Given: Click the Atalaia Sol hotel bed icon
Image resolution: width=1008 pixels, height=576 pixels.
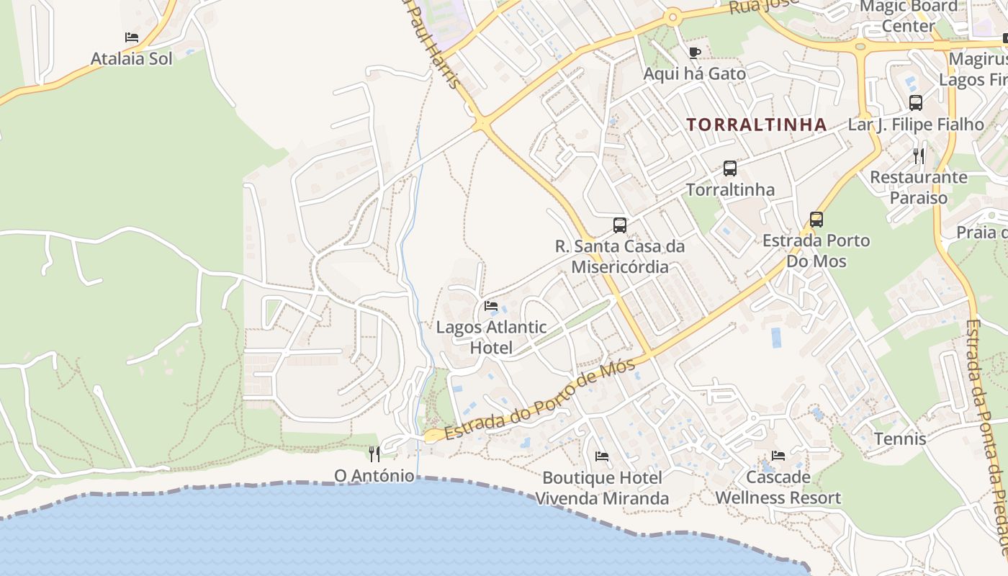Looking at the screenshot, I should pyautogui.click(x=131, y=37).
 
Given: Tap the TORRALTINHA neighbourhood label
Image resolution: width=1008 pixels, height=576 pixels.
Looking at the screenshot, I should pyautogui.click(x=756, y=125).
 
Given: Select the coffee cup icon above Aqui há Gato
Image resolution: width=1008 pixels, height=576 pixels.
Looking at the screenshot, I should pyautogui.click(x=694, y=53).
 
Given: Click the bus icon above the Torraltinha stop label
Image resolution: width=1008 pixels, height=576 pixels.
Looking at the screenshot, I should pyautogui.click(x=729, y=168).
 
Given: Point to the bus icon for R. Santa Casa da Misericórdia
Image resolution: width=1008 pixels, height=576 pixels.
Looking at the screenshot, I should pyautogui.click(x=619, y=225).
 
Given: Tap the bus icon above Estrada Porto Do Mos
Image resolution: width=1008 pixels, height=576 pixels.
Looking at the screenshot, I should pyautogui.click(x=816, y=220).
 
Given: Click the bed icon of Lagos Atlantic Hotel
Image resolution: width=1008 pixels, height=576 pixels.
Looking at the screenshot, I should pyautogui.click(x=491, y=306).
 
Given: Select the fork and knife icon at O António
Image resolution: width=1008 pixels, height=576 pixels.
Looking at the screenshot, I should pyautogui.click(x=374, y=454).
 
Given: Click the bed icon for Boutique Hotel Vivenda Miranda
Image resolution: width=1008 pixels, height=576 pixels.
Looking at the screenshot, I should pyautogui.click(x=602, y=456).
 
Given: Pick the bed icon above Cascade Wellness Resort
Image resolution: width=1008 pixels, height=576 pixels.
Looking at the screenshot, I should pyautogui.click(x=778, y=456).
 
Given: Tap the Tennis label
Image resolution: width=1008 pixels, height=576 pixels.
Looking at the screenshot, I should pyautogui.click(x=900, y=438).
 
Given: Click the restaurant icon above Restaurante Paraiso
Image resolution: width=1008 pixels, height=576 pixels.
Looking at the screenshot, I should pyautogui.click(x=918, y=156).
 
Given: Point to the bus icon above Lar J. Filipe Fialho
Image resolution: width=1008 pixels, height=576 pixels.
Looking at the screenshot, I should pyautogui.click(x=915, y=103).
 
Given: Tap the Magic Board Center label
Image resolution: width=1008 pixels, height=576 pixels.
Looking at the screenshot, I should pyautogui.click(x=909, y=16).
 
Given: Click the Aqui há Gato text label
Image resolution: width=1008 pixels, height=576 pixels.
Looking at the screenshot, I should pyautogui.click(x=694, y=73).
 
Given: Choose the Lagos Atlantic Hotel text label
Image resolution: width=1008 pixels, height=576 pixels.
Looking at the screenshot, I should pyautogui.click(x=491, y=338).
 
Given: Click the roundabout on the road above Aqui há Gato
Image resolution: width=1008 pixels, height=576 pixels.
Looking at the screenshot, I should pyautogui.click(x=672, y=17).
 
